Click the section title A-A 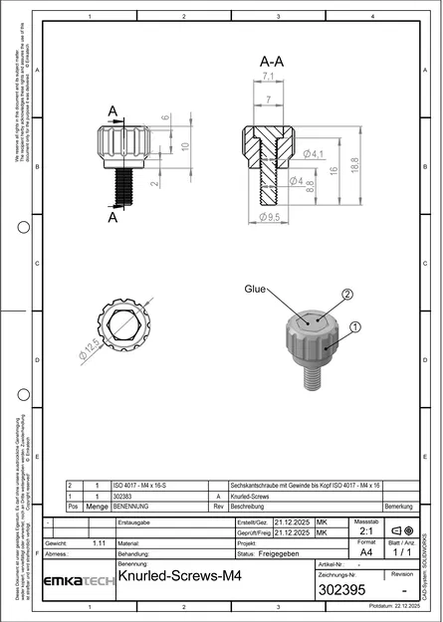270,61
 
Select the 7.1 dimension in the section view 268,77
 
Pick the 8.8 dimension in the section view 310,184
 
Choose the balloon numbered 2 347,295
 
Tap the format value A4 365,551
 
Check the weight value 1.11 99,543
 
